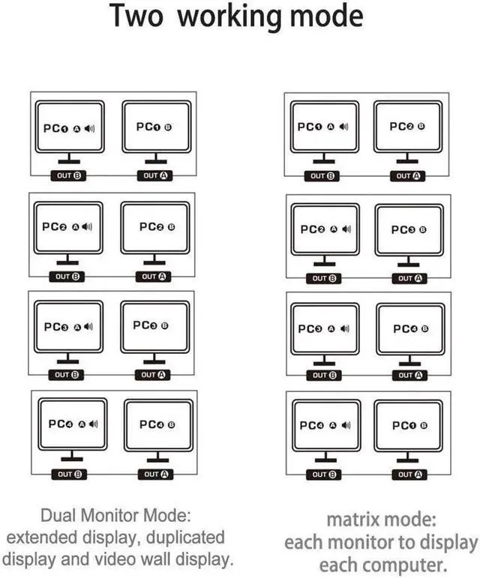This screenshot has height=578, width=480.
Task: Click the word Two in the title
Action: coord(137,16)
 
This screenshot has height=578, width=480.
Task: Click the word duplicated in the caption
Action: coord(187,537)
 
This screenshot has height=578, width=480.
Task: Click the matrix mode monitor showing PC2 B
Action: coord(407,127)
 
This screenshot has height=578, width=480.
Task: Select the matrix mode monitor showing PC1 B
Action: coord(409,425)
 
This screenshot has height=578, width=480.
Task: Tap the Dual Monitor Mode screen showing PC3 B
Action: coord(153,327)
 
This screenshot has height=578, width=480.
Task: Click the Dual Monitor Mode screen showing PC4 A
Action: coord(72,424)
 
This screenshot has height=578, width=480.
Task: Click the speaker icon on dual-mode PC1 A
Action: coord(90,128)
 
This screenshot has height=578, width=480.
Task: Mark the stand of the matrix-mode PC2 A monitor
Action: coord(324,261)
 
